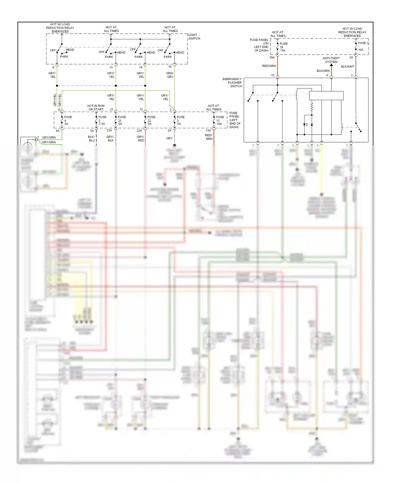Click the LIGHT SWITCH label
click(194, 37)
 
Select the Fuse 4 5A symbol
click(62, 120)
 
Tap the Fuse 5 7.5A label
click(102, 120)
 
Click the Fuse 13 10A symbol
click(214, 120)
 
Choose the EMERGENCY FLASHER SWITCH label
click(232, 83)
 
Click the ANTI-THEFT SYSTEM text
click(331, 60)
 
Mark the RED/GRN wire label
click(269, 66)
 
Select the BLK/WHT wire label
click(347, 67)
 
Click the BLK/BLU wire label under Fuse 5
click(91, 138)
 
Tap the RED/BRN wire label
click(209, 137)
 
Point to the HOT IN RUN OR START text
click(96, 107)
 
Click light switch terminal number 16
click(170, 67)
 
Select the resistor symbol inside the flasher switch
click(312, 107)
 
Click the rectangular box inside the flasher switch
click(326, 96)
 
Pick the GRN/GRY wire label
click(170, 75)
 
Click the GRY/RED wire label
click(141, 138)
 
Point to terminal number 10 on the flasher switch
click(272, 75)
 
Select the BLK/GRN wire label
click(323, 71)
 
